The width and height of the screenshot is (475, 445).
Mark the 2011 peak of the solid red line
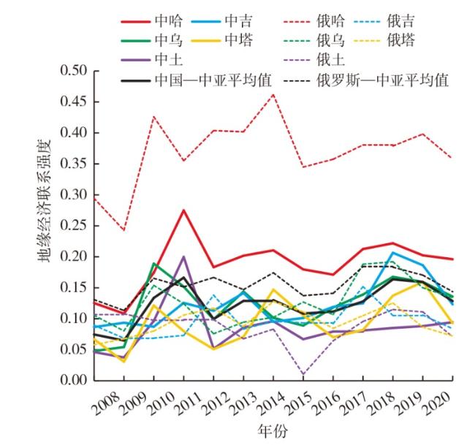click(x=183, y=210)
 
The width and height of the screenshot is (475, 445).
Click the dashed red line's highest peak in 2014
click(x=273, y=94)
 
